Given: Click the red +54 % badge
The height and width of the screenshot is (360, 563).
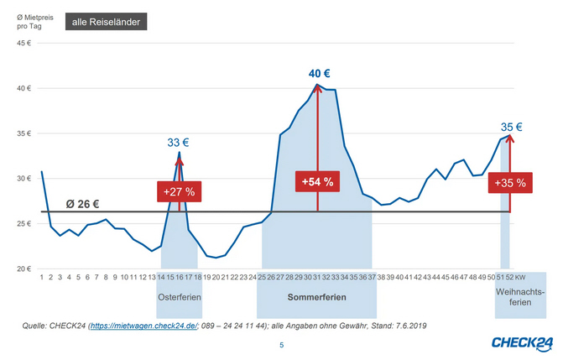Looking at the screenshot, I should point(316,180).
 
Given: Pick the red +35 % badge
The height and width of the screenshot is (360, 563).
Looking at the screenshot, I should point(509,182).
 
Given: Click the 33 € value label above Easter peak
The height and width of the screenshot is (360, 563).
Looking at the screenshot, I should point(179,143).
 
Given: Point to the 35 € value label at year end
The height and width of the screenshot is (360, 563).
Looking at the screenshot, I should point(512,128).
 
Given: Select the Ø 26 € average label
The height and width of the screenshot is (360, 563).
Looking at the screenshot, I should point(83,203).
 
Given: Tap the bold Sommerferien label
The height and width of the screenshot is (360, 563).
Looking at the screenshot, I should point(316,298).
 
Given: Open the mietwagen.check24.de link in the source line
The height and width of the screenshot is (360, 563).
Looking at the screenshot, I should point(143,325).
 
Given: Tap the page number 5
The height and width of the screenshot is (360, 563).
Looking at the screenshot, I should point(281,344).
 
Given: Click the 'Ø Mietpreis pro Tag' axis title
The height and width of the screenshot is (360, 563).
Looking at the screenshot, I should point(30,21).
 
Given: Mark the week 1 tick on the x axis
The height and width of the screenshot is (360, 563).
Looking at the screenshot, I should point(41,276).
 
